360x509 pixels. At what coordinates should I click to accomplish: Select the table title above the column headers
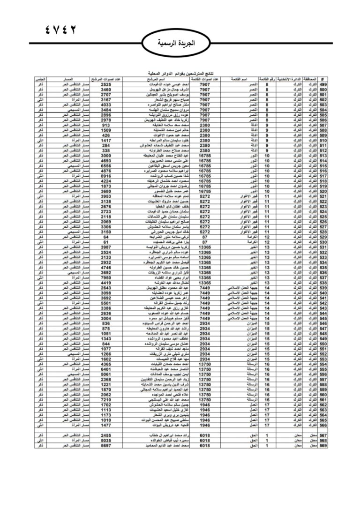tap(180, 74)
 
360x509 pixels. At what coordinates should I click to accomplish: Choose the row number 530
tap(323, 242)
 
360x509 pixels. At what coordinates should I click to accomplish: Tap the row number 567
tap(323, 435)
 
